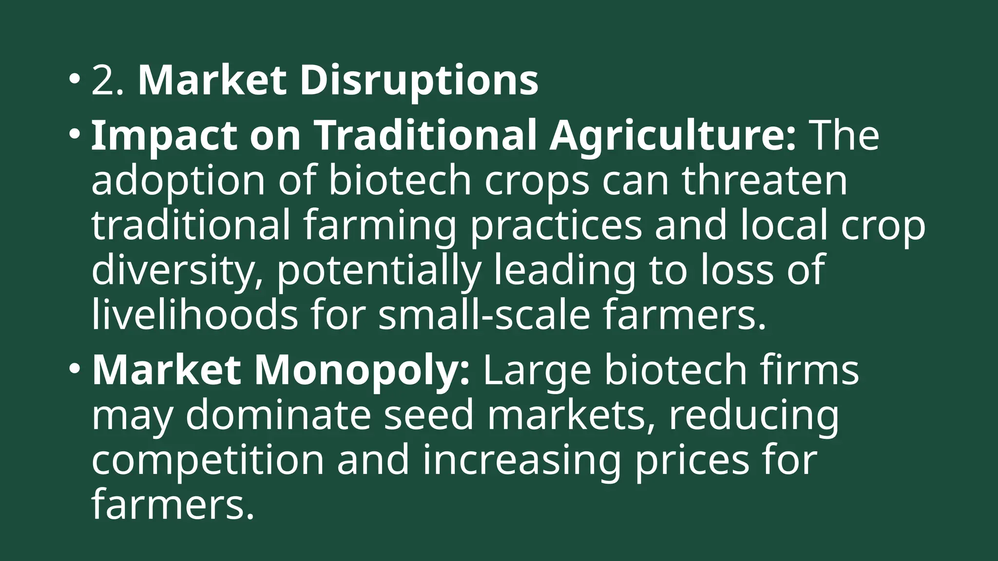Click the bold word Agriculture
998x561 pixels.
pos(672,136)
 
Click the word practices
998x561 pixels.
pos(556,226)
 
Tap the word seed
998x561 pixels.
pos(429,415)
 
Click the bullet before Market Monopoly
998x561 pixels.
pos(74,368)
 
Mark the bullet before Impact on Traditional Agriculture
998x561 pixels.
pos(74,133)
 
